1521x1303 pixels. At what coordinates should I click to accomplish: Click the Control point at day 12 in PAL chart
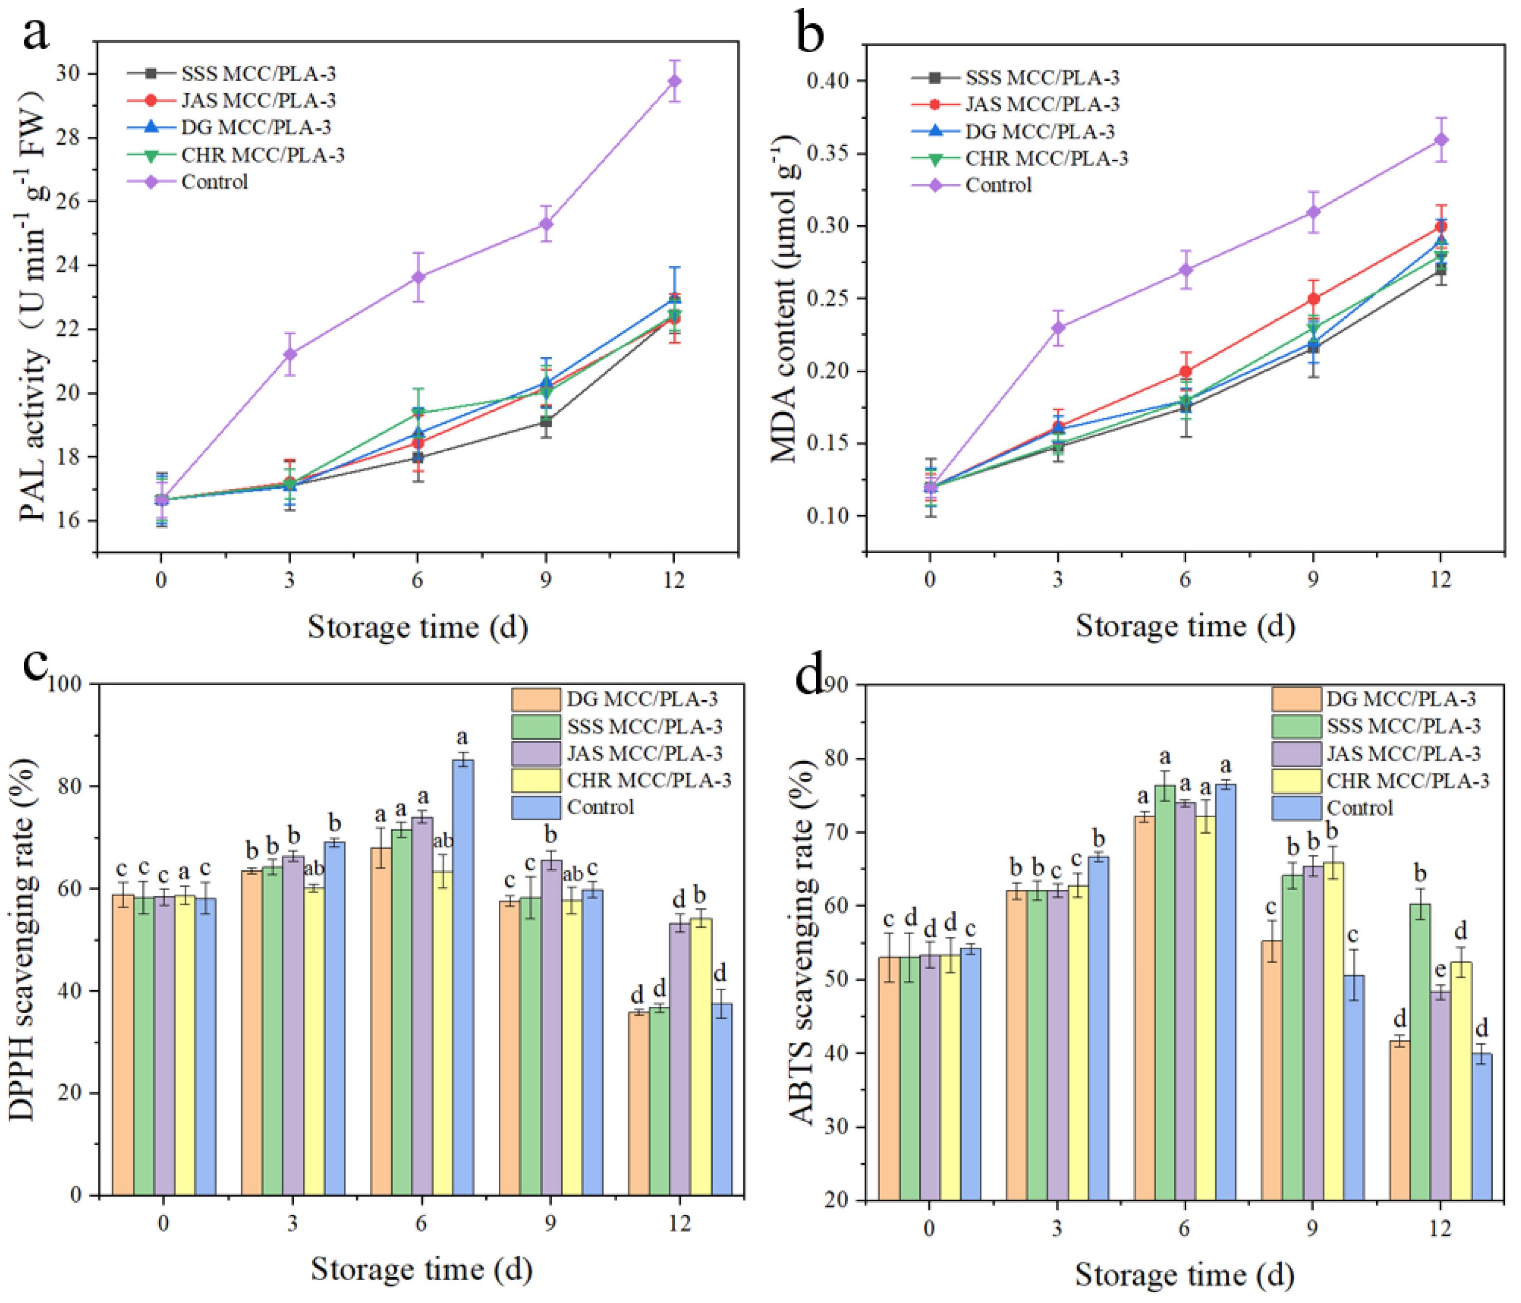674,81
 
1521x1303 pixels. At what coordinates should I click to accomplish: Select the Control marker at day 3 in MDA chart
1058,327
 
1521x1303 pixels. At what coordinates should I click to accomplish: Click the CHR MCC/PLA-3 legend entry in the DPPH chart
649,780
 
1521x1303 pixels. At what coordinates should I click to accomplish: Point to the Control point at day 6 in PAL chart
418,277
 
